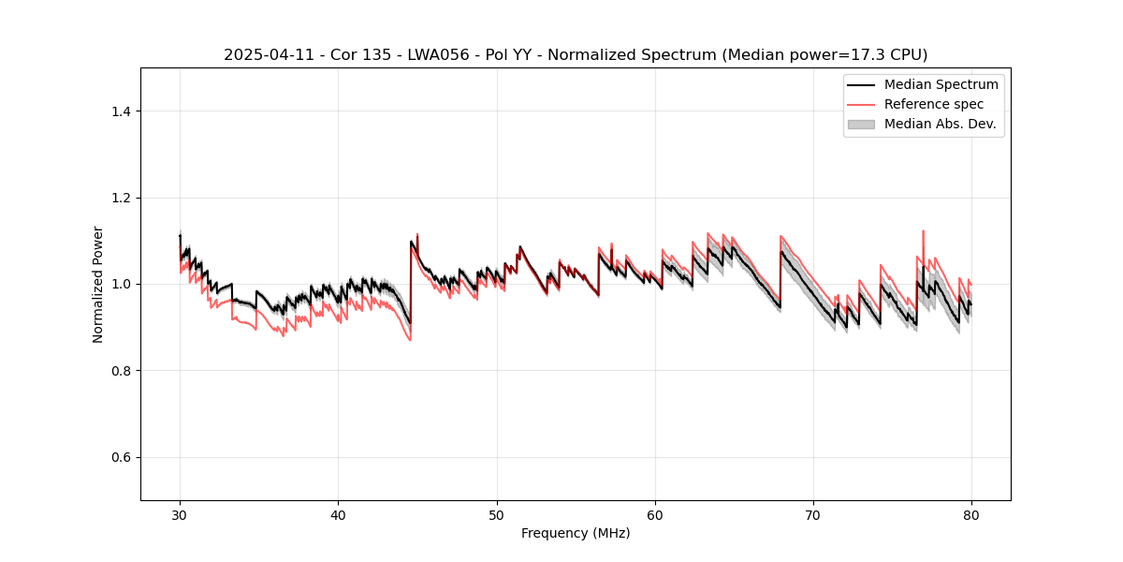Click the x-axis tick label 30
[x=180, y=514]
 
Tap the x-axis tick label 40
[x=338, y=514]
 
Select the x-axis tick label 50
[x=497, y=514]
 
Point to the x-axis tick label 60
[x=655, y=514]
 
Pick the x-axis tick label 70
[x=813, y=514]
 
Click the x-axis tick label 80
[x=971, y=514]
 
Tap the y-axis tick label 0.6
[x=121, y=457]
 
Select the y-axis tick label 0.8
[x=121, y=371]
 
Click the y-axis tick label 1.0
[x=121, y=284]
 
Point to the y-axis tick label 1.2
[x=121, y=198]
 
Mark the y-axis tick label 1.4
[x=121, y=111]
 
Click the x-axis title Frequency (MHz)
[x=576, y=533]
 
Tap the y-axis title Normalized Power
[x=98, y=284]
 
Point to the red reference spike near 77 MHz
[x=924, y=231]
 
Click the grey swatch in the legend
[x=861, y=124]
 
